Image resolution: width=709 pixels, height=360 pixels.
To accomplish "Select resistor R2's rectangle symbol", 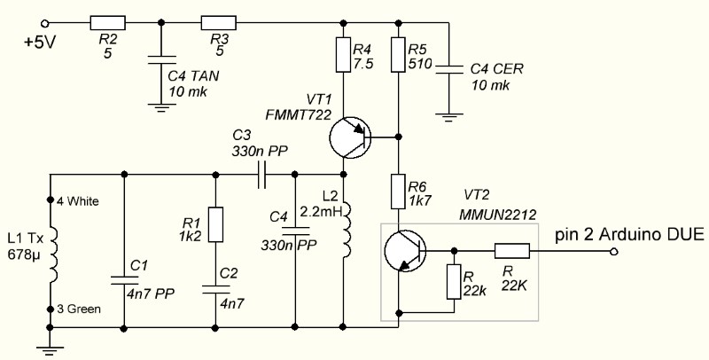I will [108, 22].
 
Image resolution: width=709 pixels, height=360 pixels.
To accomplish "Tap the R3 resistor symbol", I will [219, 22].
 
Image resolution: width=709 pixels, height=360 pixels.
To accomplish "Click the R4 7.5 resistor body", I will [344, 56].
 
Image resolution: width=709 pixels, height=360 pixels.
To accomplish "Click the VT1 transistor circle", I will [351, 137].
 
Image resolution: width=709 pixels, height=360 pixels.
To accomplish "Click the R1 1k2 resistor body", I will [216, 223].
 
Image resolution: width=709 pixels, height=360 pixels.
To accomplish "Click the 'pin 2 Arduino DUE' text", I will [628, 235].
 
